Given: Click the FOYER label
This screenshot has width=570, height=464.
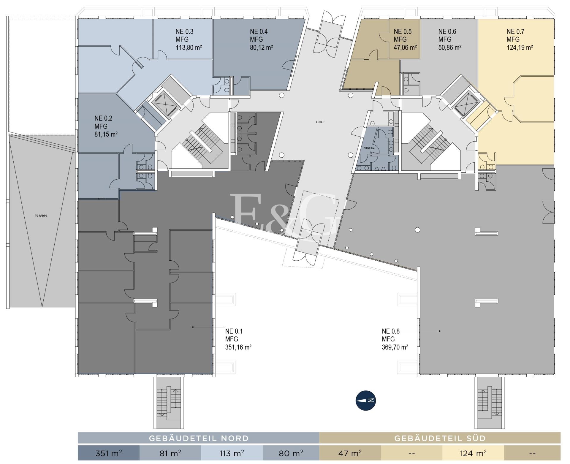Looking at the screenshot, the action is (x=320, y=122).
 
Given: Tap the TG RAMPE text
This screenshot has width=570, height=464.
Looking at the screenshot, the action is (x=41, y=216).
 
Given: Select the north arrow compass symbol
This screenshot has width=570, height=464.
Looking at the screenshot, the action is (x=366, y=400).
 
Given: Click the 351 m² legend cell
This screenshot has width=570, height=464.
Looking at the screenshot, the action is (x=109, y=453).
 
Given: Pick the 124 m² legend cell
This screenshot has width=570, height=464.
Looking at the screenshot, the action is (x=473, y=453).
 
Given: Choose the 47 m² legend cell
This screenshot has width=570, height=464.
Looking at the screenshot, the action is (x=350, y=453).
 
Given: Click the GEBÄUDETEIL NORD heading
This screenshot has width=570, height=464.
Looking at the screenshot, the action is (x=199, y=438).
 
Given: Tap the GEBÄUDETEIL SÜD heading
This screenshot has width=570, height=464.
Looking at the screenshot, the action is (x=440, y=438).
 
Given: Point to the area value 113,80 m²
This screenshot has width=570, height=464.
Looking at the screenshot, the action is (x=189, y=47).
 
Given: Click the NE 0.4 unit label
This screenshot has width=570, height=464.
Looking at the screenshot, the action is (x=259, y=31).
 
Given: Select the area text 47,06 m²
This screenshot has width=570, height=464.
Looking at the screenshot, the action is (x=405, y=47).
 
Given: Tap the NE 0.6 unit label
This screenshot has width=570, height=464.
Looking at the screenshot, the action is (x=447, y=31).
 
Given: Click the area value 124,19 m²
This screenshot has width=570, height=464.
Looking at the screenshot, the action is (x=520, y=47).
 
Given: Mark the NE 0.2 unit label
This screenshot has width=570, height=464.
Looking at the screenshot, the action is (x=103, y=118).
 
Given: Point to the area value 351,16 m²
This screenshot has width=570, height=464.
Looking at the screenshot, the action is (x=238, y=347).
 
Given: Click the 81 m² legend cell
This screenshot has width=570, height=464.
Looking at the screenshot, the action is (x=170, y=453).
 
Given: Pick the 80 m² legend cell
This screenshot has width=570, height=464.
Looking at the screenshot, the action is (x=291, y=453).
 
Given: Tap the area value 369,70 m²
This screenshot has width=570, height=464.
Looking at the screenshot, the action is (x=395, y=347).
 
